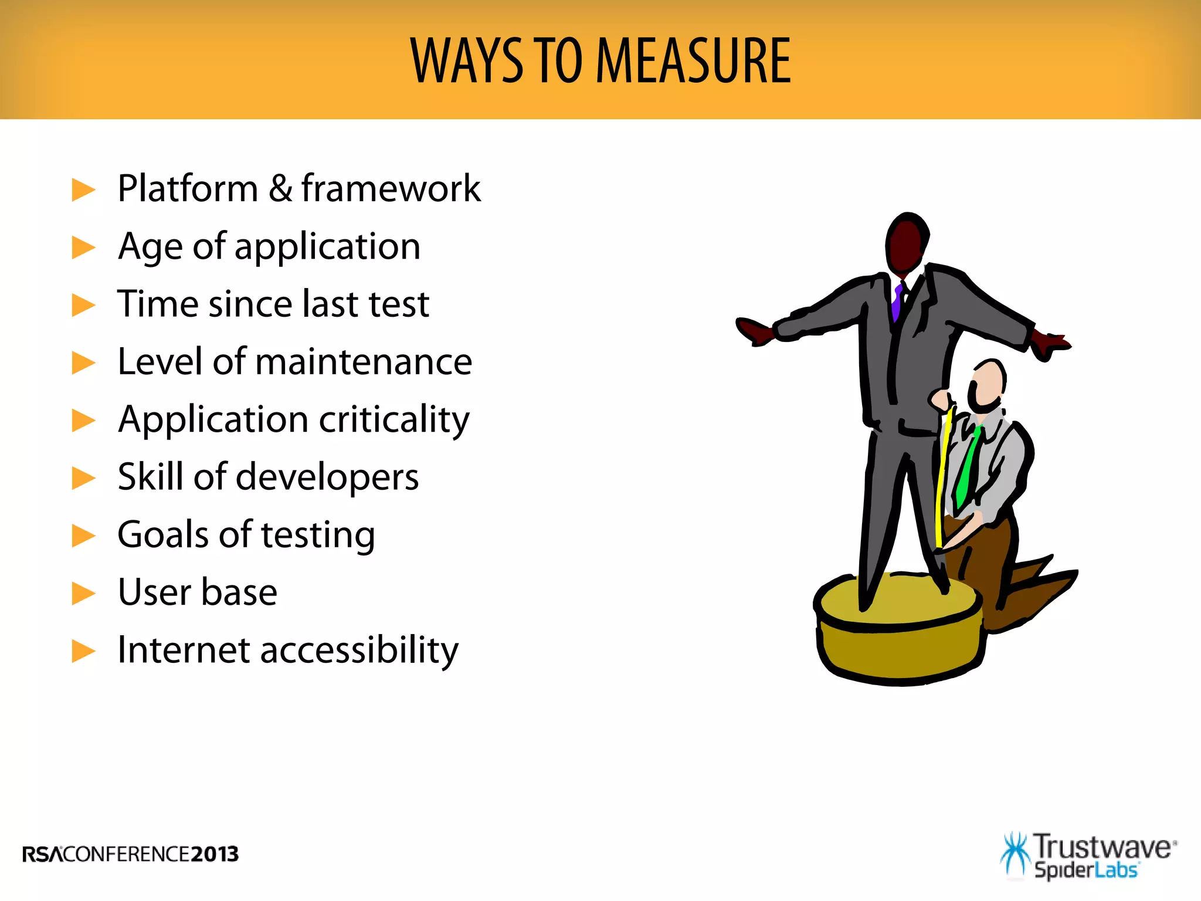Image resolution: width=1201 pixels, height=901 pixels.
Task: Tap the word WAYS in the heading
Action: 466,60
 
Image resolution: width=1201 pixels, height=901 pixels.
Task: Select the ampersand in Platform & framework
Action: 280,188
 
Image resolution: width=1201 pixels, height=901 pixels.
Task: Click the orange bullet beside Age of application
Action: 83,248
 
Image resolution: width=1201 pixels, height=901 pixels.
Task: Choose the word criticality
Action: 394,420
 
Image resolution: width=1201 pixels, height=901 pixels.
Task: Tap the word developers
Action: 327,477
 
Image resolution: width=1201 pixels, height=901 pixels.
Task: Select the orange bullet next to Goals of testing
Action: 83,535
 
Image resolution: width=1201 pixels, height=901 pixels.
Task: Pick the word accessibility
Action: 359,651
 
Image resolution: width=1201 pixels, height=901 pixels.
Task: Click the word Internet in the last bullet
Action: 184,650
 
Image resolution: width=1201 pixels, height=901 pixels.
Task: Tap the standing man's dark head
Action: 906,243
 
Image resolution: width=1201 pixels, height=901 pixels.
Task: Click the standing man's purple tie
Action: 897,302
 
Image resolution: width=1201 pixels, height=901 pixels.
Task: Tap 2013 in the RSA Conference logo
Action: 215,854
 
